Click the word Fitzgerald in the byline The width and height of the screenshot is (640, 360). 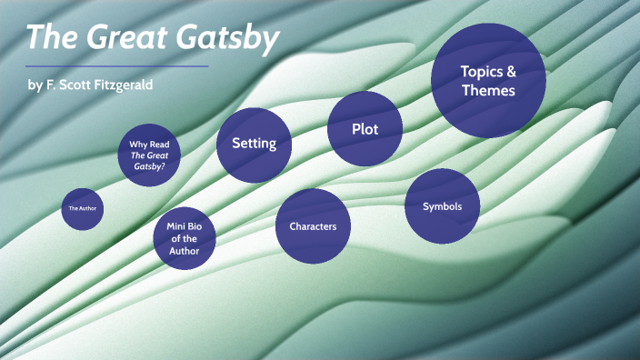(120, 85)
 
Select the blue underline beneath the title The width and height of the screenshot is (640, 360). (116, 65)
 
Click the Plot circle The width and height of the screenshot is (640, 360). (365, 129)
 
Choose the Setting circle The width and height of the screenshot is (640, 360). (254, 144)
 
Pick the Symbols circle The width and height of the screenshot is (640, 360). (442, 206)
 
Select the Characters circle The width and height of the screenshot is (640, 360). (313, 225)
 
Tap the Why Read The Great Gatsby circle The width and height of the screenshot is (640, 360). (149, 155)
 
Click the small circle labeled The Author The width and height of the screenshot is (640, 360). (82, 209)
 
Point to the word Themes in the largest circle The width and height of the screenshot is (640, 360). (488, 90)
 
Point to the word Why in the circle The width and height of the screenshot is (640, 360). (138, 144)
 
